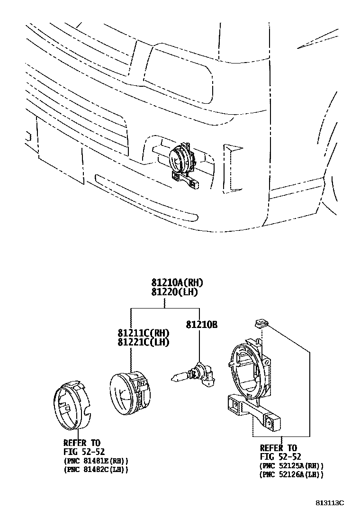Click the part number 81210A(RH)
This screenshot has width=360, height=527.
(x=177, y=283)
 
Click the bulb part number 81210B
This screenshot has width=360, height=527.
(x=201, y=325)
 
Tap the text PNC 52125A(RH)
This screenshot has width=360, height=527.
(x=292, y=466)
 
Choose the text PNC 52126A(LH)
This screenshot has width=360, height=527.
(x=292, y=474)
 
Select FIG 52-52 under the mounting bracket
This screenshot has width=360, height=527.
(x=280, y=457)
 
